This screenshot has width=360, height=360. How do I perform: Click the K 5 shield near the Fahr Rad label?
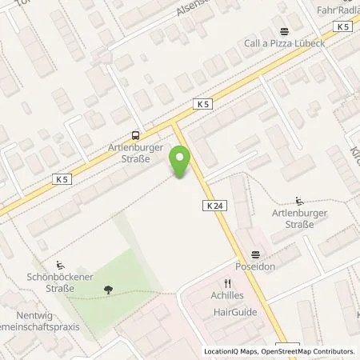tap(343, 27)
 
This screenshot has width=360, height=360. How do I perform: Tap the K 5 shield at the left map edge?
tap(63, 179)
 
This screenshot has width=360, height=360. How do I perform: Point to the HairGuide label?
tap(234, 312)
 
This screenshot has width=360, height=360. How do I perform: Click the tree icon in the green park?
tap(106, 290)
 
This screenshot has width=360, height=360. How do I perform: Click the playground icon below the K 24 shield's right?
tap(299, 201)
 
